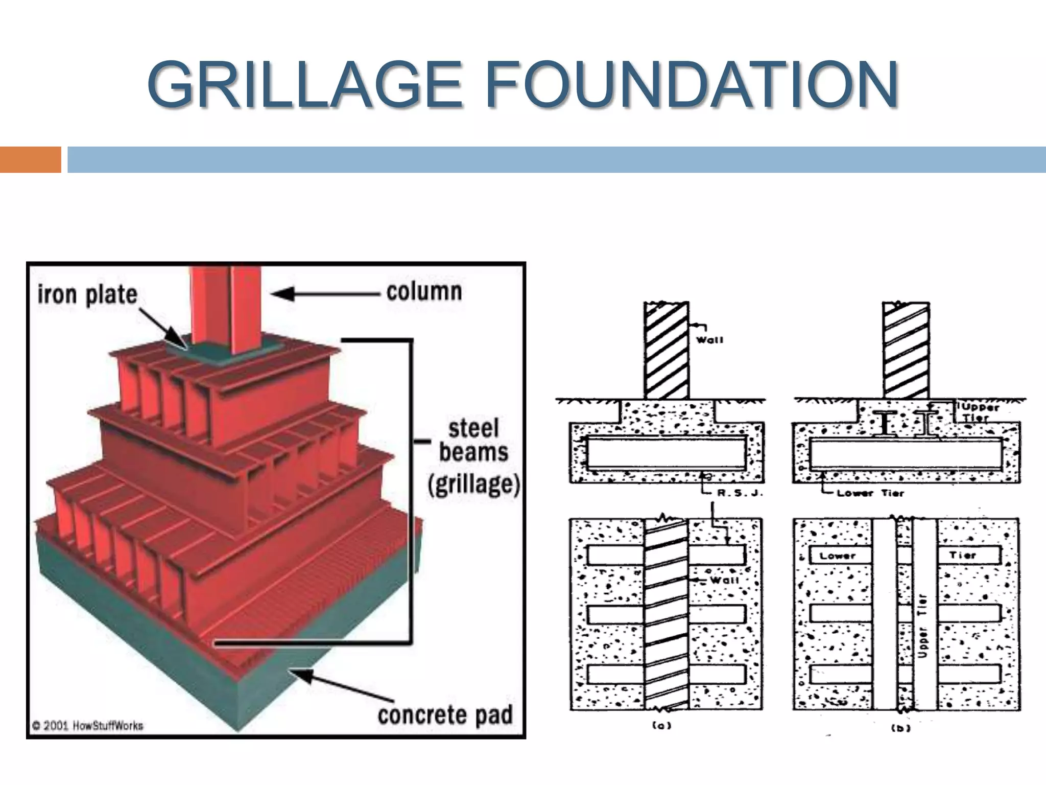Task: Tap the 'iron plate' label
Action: [x=87, y=295]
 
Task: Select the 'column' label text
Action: [x=424, y=292]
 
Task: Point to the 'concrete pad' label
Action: [x=445, y=714]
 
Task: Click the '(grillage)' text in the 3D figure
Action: [x=473, y=484]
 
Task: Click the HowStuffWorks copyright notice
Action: [x=88, y=726]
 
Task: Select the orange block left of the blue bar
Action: [x=30, y=159]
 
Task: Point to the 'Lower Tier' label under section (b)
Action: [x=870, y=493]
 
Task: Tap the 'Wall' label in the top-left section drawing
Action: [x=710, y=340]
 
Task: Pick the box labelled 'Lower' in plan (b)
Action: [x=840, y=556]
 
